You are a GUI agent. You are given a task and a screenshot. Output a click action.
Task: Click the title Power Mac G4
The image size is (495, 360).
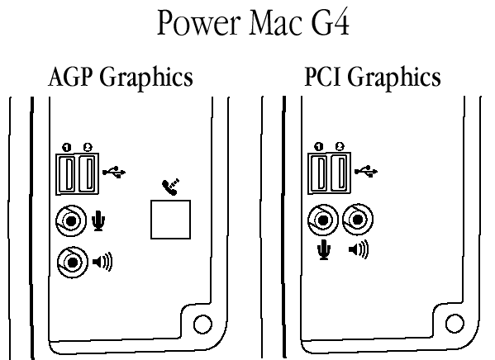253,23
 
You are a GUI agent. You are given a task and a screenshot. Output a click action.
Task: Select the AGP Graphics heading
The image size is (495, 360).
121,78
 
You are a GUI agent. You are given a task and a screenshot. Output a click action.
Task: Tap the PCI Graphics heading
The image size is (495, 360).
373,77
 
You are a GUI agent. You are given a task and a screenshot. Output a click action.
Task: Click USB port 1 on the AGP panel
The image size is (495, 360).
67,174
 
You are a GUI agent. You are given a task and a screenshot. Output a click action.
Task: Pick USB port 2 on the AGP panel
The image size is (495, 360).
87,174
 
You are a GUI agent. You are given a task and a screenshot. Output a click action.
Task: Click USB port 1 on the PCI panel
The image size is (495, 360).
319,173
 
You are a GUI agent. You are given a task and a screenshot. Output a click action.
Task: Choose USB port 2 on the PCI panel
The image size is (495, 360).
340,173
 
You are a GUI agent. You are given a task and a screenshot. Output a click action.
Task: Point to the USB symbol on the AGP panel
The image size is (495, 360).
114,172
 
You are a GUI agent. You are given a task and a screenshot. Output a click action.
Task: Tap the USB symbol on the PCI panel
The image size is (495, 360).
366,171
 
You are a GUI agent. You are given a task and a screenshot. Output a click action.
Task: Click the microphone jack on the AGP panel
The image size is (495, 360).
71,220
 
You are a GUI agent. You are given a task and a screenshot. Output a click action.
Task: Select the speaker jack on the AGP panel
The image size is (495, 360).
73,263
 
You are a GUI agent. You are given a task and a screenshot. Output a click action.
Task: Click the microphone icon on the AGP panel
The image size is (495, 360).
98,220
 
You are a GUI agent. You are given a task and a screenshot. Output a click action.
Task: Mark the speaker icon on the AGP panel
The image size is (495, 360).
102,262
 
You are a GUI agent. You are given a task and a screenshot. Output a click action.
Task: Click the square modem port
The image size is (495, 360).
170,220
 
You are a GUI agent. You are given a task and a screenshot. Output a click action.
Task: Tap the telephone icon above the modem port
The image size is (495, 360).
171,187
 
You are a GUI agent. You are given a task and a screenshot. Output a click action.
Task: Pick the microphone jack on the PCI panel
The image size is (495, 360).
323,220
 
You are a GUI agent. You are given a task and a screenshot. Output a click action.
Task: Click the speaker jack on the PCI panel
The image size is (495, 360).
358,220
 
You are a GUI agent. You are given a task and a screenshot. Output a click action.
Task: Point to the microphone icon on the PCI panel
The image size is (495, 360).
324,249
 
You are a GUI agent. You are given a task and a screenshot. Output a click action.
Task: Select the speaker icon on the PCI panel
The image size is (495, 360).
359,249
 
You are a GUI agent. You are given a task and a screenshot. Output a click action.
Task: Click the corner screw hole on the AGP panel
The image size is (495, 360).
202,324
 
